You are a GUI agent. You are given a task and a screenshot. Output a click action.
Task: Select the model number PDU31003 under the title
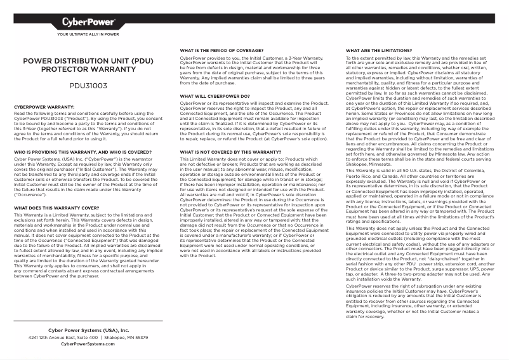tap(88, 84)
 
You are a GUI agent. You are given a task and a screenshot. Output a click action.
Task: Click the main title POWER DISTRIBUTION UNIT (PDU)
tap(88, 62)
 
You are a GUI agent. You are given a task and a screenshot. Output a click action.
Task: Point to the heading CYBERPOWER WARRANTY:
tap(44, 107)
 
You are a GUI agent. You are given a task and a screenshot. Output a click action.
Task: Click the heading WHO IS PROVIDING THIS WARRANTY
tap(83, 152)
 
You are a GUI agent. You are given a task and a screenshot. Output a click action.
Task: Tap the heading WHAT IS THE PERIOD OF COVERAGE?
tap(222, 50)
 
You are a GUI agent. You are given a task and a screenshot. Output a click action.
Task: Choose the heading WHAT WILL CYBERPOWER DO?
tap(215, 96)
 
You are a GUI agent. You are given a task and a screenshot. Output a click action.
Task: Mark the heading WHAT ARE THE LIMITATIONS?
tap(379, 50)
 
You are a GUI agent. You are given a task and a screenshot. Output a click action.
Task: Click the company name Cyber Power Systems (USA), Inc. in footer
tap(88, 331)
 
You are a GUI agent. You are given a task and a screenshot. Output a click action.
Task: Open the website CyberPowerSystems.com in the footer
tap(88, 344)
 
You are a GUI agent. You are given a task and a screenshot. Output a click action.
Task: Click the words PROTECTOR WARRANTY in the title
tap(88, 69)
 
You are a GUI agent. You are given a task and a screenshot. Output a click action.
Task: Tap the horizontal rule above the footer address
tap(88, 322)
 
